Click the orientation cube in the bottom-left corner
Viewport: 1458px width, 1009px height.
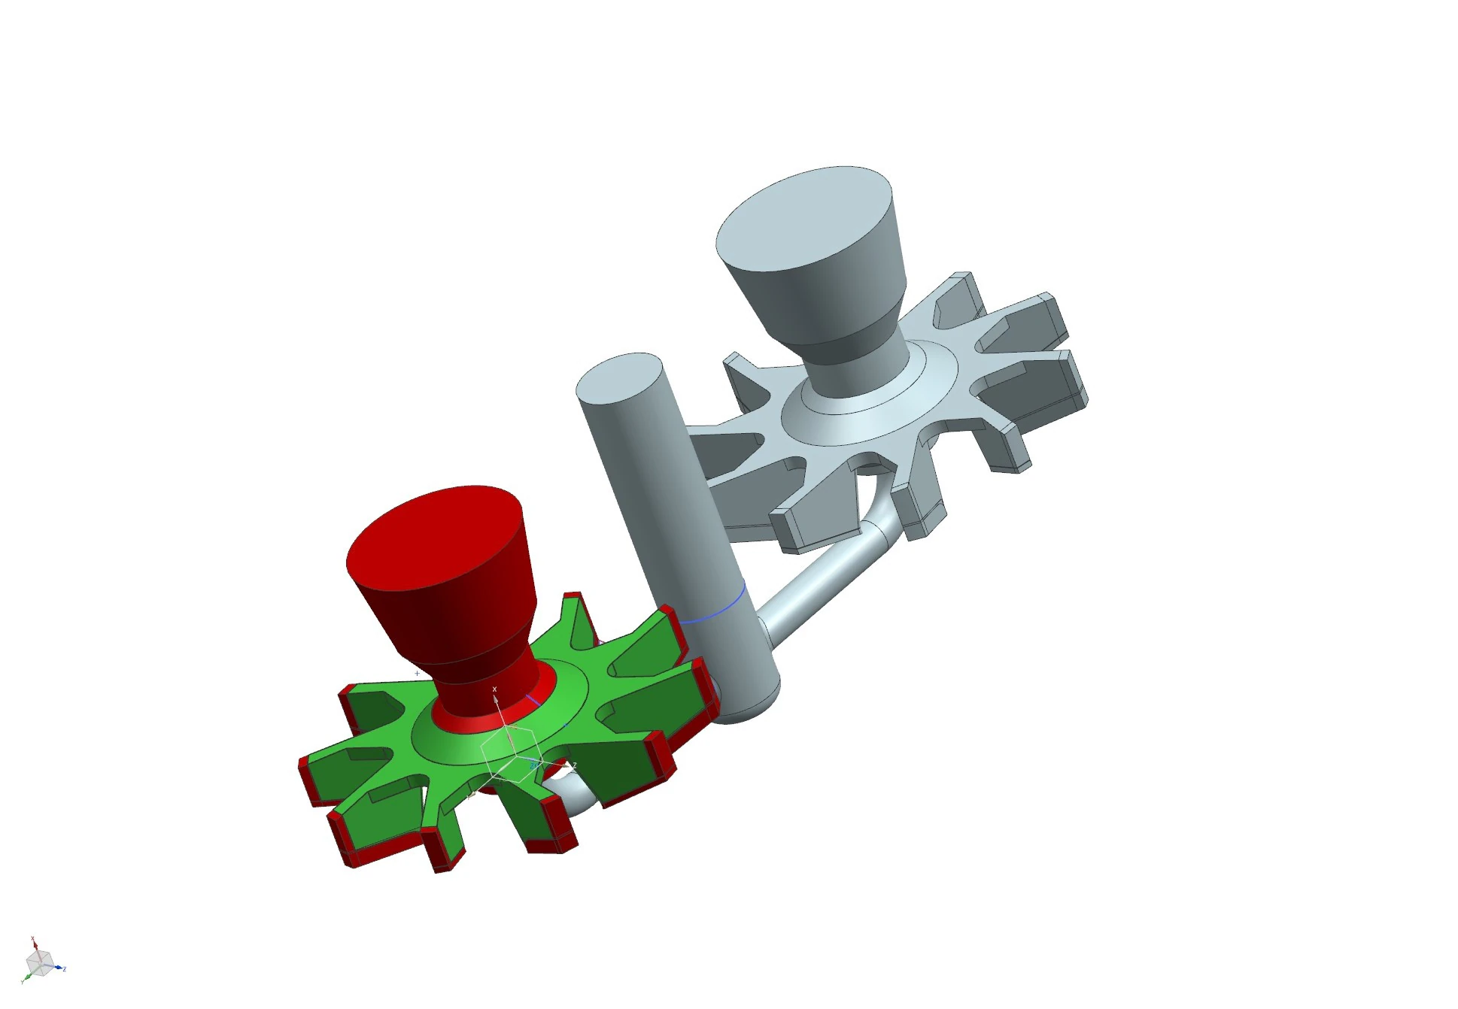click(38, 962)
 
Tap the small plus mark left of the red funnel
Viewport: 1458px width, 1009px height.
click(418, 674)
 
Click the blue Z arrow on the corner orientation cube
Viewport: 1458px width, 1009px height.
click(62, 968)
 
